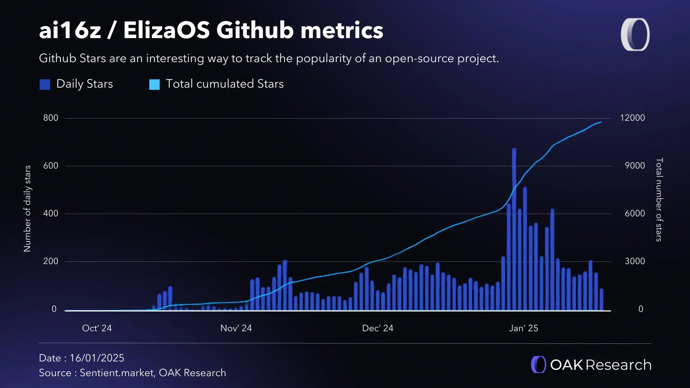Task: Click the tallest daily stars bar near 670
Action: coord(514,230)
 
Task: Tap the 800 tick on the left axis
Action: coord(51,118)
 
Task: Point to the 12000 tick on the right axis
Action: coord(632,118)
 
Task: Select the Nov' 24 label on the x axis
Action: coord(236,328)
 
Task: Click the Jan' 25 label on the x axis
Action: coord(523,328)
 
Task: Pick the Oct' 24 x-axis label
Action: coord(97,328)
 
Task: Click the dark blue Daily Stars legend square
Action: coord(45,84)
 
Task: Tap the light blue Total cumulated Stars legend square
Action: coord(155,84)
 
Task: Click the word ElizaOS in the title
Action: coord(166,30)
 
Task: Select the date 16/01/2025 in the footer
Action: coord(97,358)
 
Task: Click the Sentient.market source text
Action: coord(117,373)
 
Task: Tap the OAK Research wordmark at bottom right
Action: coord(600,365)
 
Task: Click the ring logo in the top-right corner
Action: coord(635,34)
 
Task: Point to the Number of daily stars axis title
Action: coord(27,208)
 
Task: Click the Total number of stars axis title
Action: coord(659,200)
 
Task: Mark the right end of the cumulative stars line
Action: coord(601,122)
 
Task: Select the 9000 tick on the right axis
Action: coord(634,166)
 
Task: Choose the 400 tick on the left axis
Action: coord(51,213)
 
